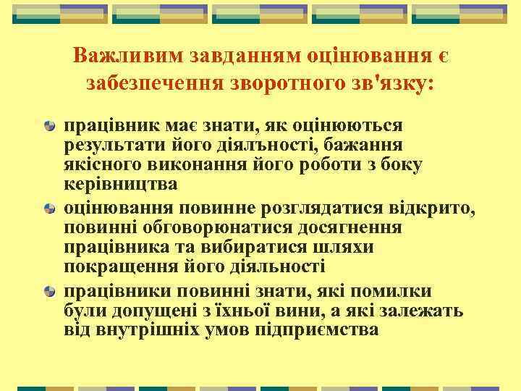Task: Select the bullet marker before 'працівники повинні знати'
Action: tap(48, 292)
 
